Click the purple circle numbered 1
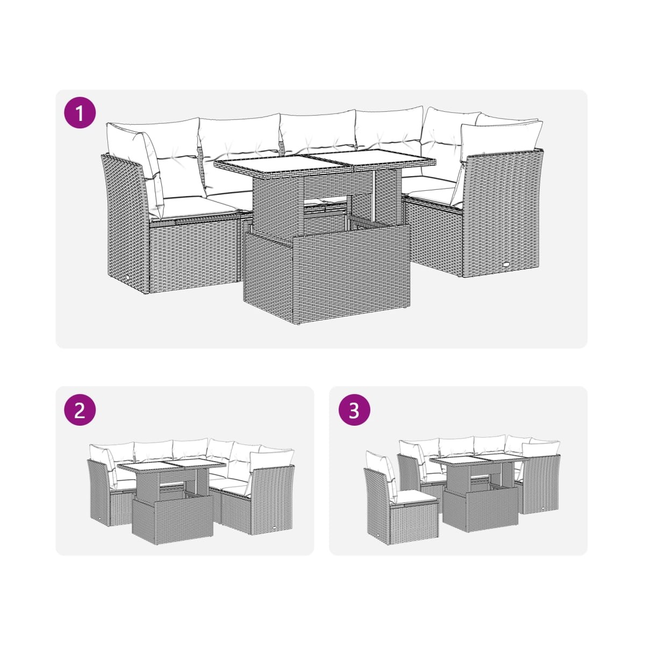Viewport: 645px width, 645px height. coord(80,112)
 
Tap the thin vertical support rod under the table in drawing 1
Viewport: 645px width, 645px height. coord(374,197)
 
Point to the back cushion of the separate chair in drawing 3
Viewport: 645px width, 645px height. coord(382,475)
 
